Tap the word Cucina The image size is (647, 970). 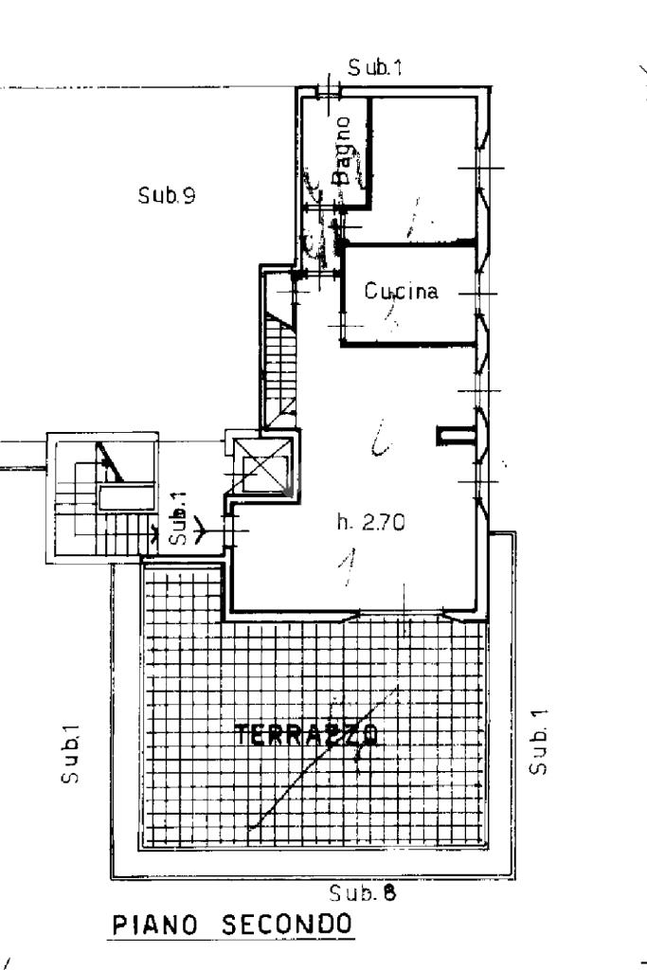pos(403,292)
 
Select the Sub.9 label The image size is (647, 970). pos(167,196)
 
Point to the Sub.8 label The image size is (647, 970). pos(361,891)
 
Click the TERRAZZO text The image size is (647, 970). pos(306,735)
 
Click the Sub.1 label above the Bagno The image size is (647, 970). pos(374,68)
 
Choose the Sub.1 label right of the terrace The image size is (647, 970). pos(539,740)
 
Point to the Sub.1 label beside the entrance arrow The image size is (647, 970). pos(179,521)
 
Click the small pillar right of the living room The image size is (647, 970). pos(446,436)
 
